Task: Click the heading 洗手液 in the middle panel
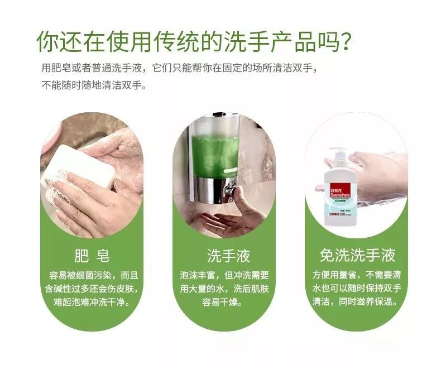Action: (228, 256)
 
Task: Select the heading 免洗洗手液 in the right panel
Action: (357, 256)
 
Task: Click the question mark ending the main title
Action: (346, 41)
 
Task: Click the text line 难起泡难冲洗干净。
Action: (93, 303)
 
